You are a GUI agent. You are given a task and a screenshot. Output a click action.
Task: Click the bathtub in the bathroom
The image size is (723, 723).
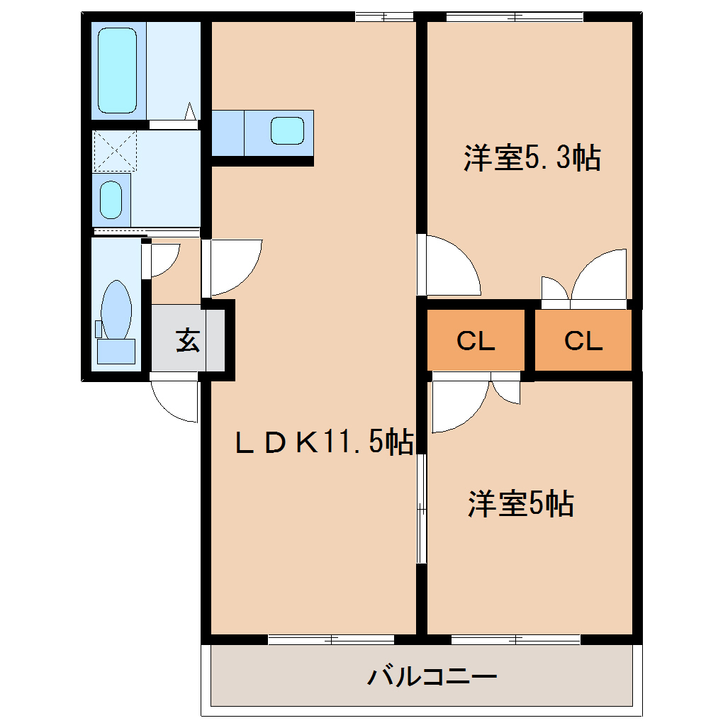117,70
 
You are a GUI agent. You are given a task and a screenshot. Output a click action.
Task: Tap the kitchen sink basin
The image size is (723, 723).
288,130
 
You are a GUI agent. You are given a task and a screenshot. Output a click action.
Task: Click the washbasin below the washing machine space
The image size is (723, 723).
111,200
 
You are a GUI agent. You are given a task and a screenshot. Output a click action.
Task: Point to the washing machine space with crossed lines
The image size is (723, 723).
115,150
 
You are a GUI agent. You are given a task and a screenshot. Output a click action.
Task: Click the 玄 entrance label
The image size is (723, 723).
188,341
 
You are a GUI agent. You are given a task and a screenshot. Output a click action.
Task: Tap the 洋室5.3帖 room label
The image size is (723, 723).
532,157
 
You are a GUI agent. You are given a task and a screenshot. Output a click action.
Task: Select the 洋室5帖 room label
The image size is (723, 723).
520,504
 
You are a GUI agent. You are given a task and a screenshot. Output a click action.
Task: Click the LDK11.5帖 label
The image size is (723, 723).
324,443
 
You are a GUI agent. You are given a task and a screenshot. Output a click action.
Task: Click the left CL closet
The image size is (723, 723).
476,341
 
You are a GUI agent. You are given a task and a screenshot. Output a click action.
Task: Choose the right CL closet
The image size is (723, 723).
583,341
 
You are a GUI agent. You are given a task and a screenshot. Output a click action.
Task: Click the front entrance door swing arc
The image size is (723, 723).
174,402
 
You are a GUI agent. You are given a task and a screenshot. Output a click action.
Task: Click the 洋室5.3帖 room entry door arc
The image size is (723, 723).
451,266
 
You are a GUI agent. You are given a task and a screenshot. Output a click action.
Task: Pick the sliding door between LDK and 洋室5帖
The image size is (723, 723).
421,508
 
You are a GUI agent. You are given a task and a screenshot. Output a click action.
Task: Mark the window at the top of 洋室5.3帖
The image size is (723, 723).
515,16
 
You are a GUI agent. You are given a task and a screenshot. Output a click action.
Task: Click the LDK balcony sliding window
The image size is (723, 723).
331,639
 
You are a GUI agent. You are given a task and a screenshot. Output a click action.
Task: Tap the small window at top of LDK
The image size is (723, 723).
383,16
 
